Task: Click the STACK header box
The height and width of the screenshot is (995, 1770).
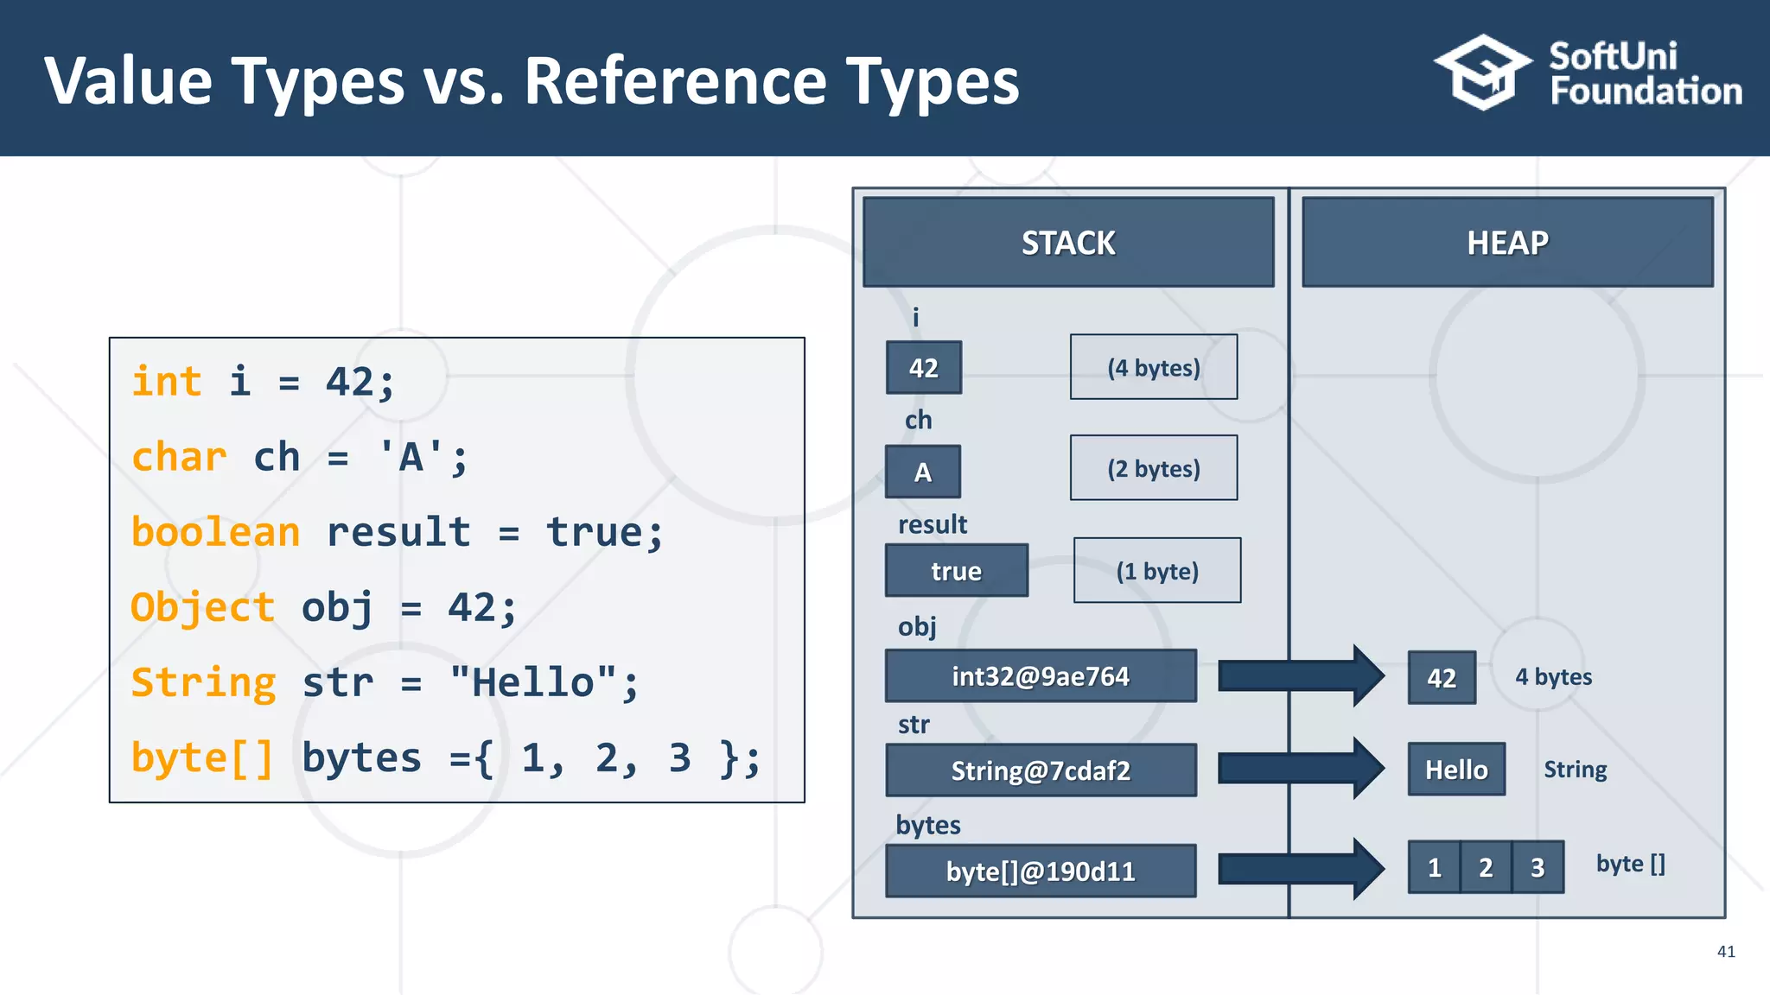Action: [x=1068, y=243]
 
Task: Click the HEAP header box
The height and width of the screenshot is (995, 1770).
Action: [x=1507, y=243]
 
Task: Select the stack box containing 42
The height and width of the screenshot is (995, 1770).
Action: [x=924, y=368]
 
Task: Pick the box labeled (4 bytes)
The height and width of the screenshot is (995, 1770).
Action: [x=1154, y=367]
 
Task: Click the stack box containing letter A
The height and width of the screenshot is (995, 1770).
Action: [x=923, y=472]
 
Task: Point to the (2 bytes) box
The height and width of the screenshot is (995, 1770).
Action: [x=1154, y=468]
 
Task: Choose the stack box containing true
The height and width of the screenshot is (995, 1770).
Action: [x=957, y=571]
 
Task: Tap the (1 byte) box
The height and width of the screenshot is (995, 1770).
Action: [x=1157, y=571]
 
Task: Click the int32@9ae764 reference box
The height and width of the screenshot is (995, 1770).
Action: [x=1041, y=676]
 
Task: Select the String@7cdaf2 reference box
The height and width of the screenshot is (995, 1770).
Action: [x=1041, y=770]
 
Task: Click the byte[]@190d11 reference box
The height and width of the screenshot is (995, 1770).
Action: [x=1041, y=871]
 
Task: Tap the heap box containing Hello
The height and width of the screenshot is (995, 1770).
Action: [x=1456, y=770]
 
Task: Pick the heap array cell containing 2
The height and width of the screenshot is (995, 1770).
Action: [x=1486, y=867]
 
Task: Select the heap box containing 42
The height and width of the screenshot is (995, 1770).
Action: [x=1442, y=678]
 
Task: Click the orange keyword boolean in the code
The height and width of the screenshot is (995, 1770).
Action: [x=215, y=532]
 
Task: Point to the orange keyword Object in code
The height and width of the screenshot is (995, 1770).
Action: [x=203, y=607]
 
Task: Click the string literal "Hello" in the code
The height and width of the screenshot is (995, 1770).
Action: [x=532, y=682]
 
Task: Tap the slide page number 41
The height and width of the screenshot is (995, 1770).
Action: [x=1726, y=952]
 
